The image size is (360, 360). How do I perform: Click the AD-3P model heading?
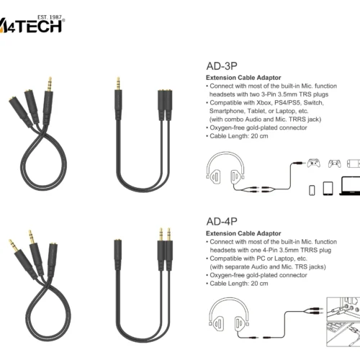coord(223,63)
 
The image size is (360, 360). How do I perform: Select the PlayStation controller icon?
coord(333,161)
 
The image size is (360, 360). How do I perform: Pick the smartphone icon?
coord(312,189)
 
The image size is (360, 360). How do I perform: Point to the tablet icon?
coord(328,188)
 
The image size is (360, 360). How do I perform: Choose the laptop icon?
coord(348,189)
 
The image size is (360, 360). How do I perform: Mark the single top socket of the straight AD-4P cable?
coord(117,248)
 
